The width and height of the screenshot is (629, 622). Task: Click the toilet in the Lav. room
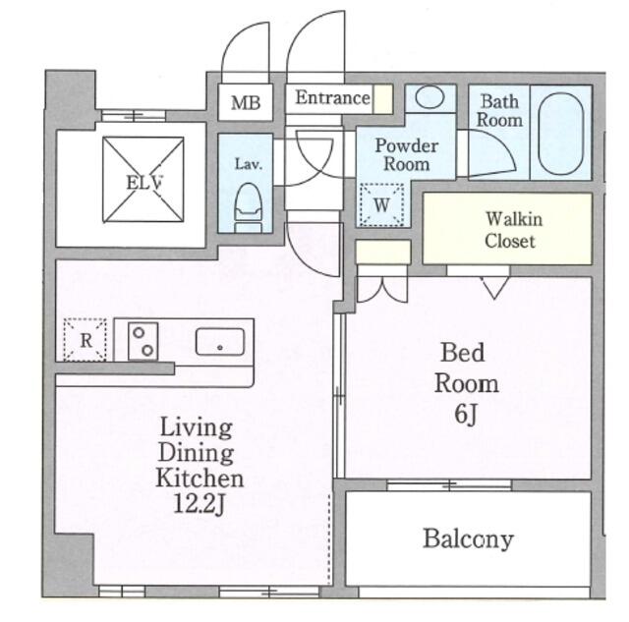coord(248,207)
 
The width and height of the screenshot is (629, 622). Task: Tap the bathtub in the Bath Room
coord(561,134)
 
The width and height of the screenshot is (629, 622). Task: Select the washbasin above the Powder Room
coord(429,97)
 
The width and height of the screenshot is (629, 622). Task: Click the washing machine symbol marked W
coord(381,205)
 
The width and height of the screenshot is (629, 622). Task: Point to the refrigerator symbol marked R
coord(86,340)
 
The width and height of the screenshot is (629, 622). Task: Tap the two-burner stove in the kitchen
coord(143,341)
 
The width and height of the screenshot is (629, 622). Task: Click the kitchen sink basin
coord(220,342)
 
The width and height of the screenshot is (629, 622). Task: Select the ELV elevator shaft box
coord(143,179)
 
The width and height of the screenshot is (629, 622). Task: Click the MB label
coord(246,103)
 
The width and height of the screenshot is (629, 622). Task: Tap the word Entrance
coord(332,98)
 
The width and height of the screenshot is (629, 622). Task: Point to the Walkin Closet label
coord(512,230)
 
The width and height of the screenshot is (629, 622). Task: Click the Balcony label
coord(468,538)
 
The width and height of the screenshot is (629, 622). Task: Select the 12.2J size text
coord(199,503)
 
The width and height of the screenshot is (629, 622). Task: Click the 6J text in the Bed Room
coord(465,415)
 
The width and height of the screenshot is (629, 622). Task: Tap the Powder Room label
coord(406,155)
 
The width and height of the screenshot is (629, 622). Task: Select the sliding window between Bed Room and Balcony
coord(449,484)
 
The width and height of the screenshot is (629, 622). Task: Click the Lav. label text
coord(249,164)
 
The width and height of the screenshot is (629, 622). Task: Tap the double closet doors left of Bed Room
coord(382,289)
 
